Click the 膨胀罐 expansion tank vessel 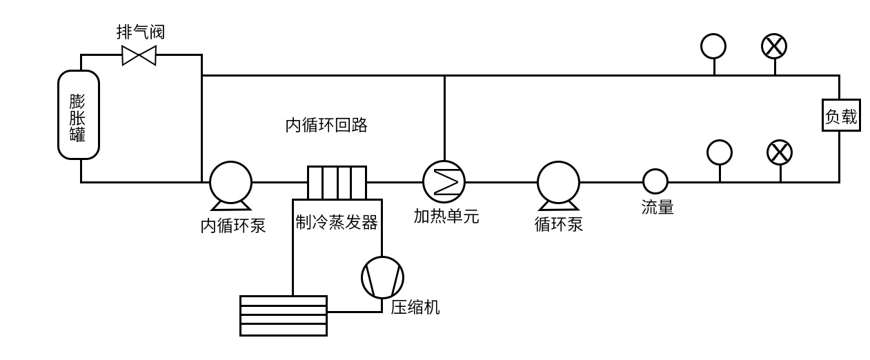tap(78, 115)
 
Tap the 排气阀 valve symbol tap(139, 54)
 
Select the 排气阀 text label tap(141, 32)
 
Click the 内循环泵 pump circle tap(230, 182)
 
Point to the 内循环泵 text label tap(233, 226)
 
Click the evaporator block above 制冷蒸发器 tap(337, 182)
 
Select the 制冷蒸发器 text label tap(337, 223)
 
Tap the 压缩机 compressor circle tap(382, 277)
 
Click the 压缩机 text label tap(415, 308)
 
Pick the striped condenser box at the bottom tap(283, 315)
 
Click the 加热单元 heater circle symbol tap(444, 181)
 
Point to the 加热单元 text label tap(446, 217)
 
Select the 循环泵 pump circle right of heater tap(558, 182)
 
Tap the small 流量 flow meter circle tap(655, 181)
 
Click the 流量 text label tap(657, 207)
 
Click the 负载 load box tap(840, 117)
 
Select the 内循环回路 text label tap(326, 126)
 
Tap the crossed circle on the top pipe tap(774, 46)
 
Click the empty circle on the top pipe tap(713, 46)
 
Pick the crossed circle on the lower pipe tap(780, 152)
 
